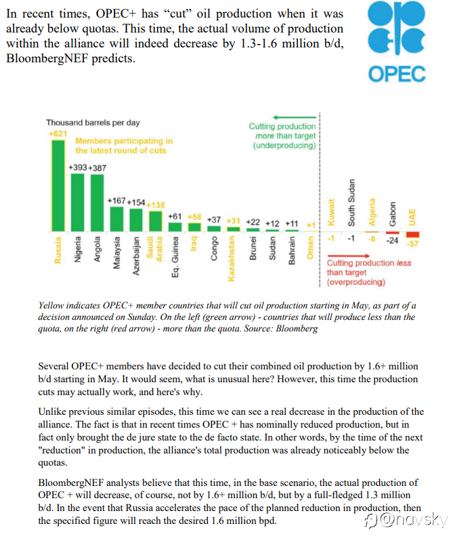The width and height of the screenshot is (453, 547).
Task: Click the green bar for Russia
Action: coord(58,186)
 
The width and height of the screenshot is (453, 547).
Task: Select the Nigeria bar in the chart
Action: coord(77,203)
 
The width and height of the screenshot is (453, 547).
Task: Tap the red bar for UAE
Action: coord(412,235)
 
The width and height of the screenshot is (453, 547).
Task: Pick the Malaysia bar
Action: coord(116,219)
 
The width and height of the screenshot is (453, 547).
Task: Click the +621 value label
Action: coord(58,134)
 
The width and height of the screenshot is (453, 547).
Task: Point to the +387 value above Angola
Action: coord(98,168)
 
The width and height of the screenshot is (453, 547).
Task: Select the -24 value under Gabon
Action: coord(392,241)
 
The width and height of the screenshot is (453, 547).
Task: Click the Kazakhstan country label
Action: coord(232,258)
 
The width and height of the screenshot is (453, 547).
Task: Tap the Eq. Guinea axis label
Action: coord(175,257)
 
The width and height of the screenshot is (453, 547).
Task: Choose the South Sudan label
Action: coord(351,203)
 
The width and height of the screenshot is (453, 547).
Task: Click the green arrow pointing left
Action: coord(295,117)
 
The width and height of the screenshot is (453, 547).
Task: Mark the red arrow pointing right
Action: coord(348,256)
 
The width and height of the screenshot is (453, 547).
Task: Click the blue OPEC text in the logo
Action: coord(397,74)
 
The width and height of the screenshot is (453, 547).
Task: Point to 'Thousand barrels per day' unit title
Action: coord(93,123)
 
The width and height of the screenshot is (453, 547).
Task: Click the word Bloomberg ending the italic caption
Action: coord(297,329)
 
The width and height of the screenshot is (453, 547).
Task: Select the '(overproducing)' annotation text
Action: coord(355,282)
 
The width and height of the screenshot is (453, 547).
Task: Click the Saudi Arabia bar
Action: coord(156,222)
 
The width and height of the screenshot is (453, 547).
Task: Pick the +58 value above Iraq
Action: coord(194,217)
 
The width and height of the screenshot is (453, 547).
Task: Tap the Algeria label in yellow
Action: coord(372,212)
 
